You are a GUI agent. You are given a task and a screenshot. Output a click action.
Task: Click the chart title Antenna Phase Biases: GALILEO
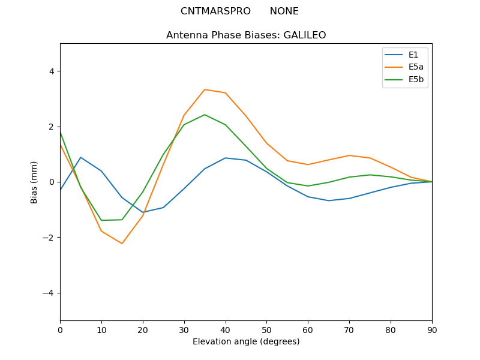point(246,35)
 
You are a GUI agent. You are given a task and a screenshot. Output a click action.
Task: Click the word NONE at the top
point(284,11)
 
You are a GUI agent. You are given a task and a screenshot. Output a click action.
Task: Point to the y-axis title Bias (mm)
point(34,182)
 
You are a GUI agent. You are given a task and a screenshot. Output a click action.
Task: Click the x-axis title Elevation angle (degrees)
point(246,342)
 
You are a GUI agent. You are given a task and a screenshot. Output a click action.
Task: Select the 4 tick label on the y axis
point(52,71)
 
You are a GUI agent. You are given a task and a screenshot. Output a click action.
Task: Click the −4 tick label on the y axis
point(49,293)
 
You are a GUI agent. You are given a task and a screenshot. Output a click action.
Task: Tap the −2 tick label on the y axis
point(49,238)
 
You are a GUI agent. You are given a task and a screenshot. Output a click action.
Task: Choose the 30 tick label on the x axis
point(184,329)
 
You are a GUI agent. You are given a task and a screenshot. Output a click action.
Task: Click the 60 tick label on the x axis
point(308,329)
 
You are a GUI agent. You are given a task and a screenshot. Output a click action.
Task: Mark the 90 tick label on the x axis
point(432,329)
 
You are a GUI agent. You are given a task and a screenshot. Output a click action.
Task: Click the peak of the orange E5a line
point(205,89)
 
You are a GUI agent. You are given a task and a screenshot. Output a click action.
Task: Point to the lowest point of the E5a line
point(122,244)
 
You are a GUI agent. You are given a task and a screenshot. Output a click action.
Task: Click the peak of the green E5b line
point(205,115)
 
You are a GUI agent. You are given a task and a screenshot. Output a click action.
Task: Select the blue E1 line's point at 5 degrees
point(80,157)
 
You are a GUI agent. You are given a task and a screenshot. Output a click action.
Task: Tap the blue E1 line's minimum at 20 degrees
point(143,212)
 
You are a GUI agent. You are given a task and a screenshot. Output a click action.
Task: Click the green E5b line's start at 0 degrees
point(60,132)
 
